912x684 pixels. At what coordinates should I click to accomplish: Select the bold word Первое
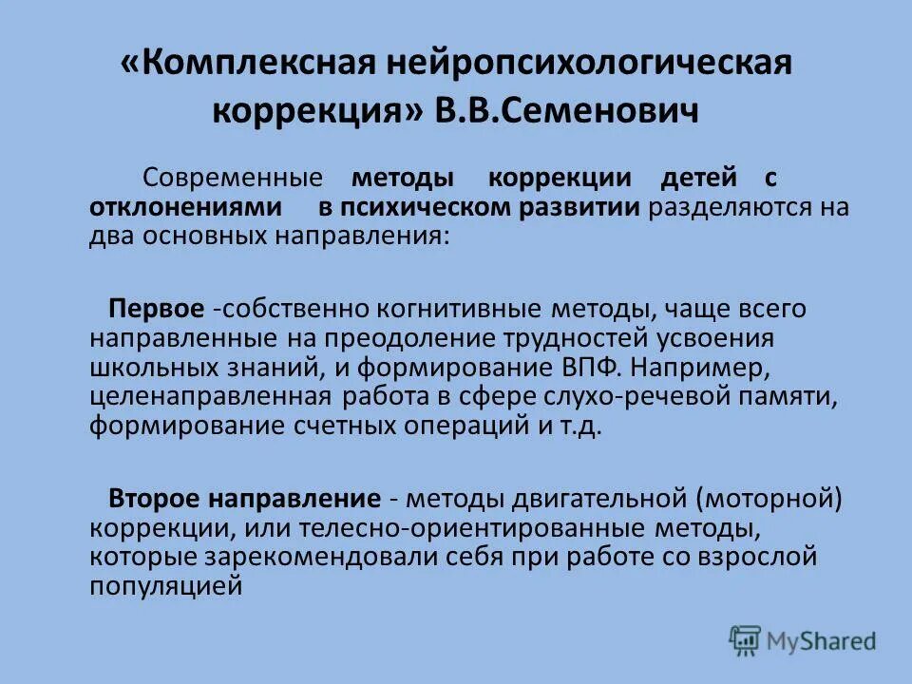(157, 309)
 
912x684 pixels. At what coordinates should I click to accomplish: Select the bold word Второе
(155, 498)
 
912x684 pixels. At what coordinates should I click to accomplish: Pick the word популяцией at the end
(165, 585)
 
